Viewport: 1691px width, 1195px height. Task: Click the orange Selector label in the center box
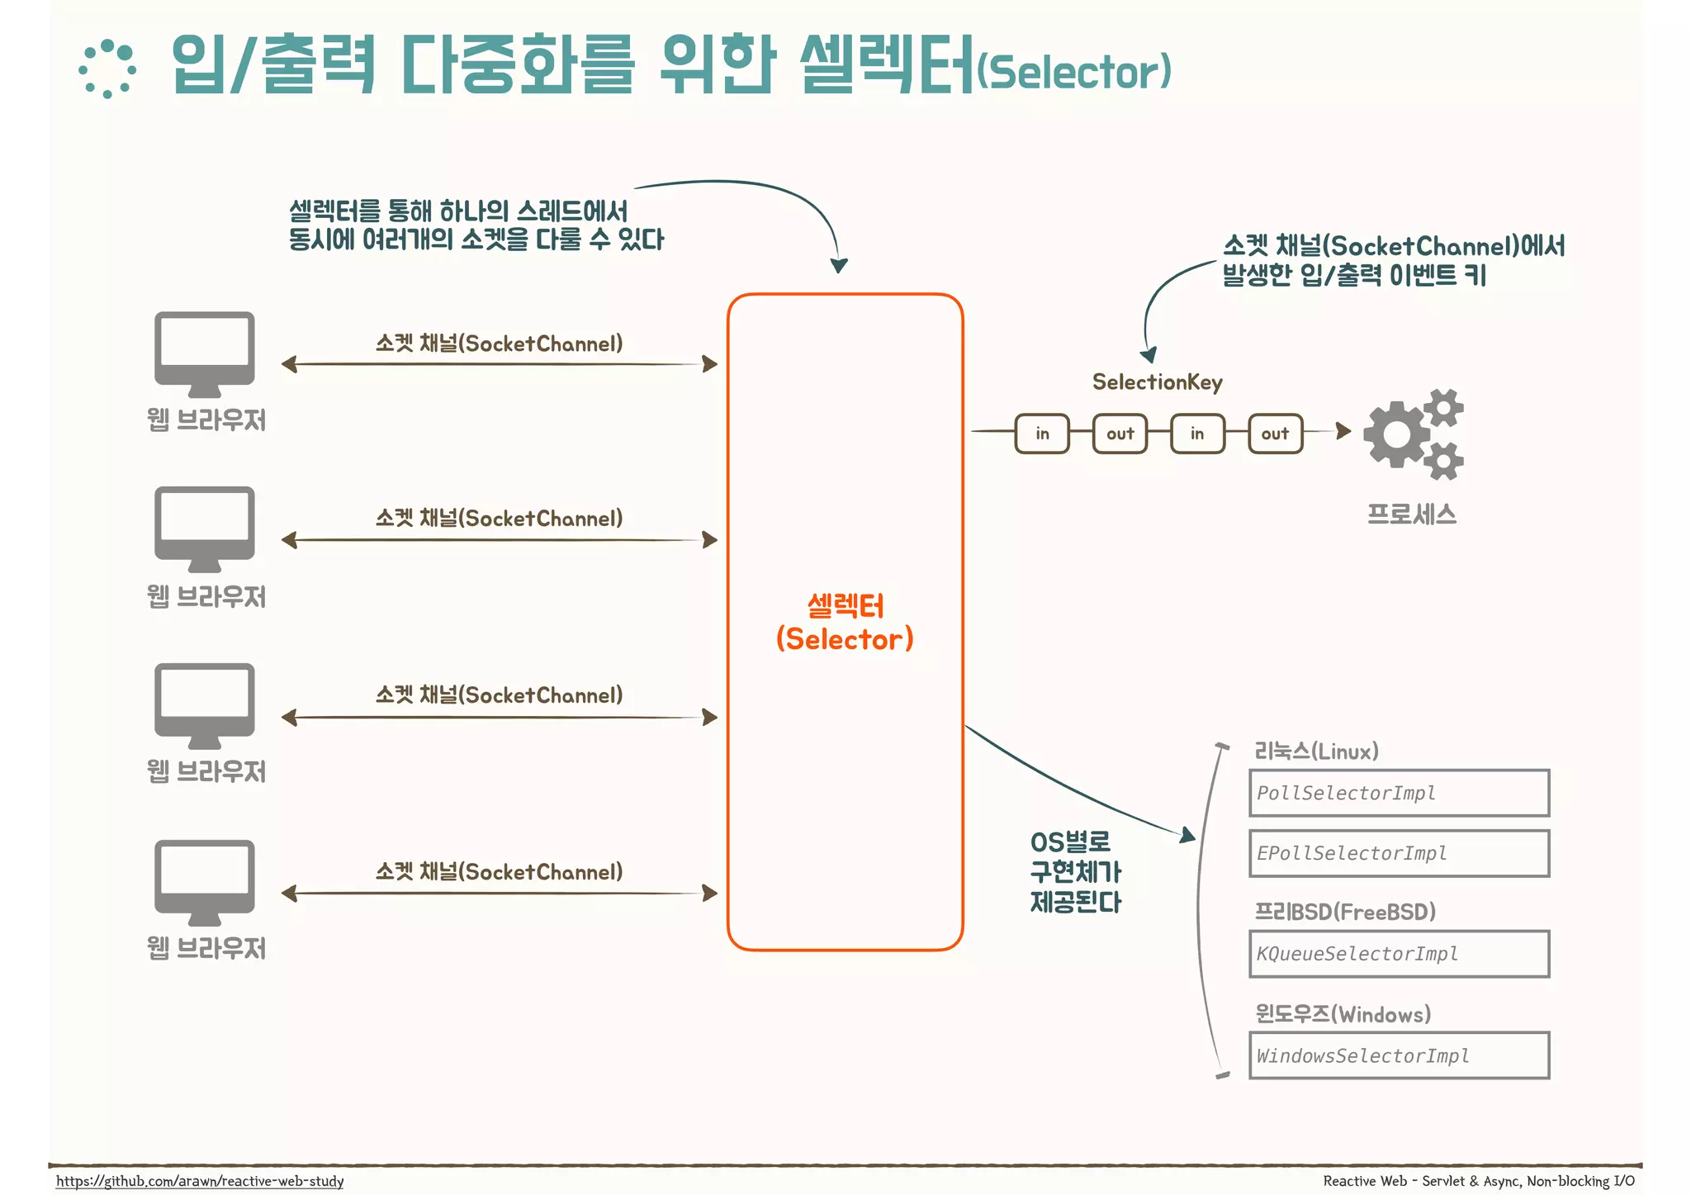(845, 623)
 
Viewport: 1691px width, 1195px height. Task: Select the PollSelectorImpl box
(1399, 793)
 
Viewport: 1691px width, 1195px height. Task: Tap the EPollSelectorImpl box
(1399, 853)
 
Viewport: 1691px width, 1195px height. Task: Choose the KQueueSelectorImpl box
(1399, 954)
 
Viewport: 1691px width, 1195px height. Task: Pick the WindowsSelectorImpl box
(1399, 1055)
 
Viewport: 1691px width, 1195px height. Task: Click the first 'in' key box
(1042, 434)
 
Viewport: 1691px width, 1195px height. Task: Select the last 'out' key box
(1275, 434)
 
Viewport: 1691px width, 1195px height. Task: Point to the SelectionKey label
(1157, 382)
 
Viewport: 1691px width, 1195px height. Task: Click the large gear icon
(1396, 434)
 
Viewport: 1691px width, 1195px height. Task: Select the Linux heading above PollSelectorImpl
(1316, 751)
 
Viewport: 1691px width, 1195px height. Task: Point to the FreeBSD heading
(1345, 912)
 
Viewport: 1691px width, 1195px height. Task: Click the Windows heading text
(1343, 1013)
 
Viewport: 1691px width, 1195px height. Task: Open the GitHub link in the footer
(200, 1181)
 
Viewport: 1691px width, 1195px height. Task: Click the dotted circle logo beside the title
(107, 69)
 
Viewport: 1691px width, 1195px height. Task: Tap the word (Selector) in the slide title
(1073, 72)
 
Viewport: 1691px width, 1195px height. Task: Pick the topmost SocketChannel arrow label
(499, 344)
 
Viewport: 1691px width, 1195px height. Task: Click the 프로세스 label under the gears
(1412, 515)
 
